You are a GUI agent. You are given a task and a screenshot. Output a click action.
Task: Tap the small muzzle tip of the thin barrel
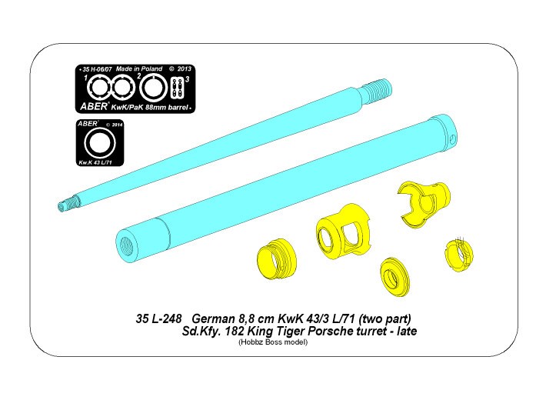coord(65,204)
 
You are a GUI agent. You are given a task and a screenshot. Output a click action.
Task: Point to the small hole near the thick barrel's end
coord(452,139)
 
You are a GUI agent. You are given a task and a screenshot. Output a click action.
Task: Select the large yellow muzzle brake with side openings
coord(343,230)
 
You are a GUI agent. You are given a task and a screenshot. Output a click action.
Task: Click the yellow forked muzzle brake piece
coord(423,204)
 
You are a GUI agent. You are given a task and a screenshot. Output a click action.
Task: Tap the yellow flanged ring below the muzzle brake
coord(395,275)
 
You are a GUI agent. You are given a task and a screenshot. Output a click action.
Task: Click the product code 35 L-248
coord(158,318)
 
